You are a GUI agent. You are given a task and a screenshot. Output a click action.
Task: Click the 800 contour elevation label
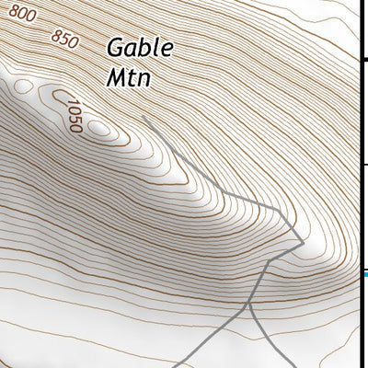pos(24,13)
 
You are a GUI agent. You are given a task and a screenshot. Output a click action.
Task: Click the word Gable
pos(139,48)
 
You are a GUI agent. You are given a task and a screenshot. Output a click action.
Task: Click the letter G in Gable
pos(116,47)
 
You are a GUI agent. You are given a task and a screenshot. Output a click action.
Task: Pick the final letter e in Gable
pos(165,49)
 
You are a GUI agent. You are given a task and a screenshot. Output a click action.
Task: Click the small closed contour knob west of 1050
pos(61,95)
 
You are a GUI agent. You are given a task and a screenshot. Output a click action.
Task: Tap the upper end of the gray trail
pos(144,118)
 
